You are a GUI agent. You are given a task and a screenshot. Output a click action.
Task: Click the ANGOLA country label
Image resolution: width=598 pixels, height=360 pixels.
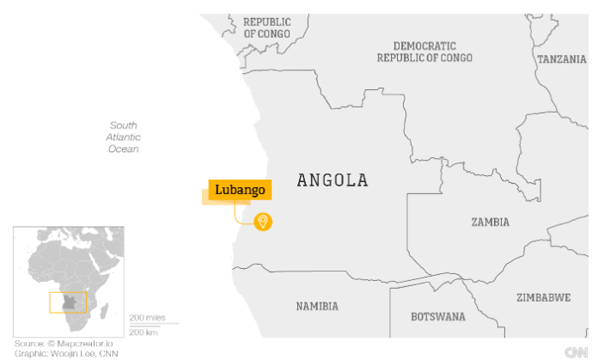tap(332, 180)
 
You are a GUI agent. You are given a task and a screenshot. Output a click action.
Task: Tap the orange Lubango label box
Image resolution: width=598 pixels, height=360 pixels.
tap(240, 190)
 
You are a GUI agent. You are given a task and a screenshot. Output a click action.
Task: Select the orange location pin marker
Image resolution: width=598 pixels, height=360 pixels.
tap(263, 222)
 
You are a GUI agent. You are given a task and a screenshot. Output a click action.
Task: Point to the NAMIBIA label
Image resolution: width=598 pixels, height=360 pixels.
tap(317, 306)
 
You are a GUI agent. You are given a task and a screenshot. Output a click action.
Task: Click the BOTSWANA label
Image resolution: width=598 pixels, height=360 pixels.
tap(437, 316)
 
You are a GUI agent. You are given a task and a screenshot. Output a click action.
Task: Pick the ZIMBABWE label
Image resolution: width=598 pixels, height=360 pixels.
tap(543, 297)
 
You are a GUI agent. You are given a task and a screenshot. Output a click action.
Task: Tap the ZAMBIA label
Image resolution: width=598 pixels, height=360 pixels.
tap(490, 222)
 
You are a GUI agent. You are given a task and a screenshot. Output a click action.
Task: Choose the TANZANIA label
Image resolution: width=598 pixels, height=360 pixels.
tap(562, 59)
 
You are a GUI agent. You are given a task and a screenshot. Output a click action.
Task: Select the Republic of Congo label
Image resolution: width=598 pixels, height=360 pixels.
tap(266, 27)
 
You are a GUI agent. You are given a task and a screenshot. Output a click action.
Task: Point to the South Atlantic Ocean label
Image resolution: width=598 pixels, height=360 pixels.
tap(124, 137)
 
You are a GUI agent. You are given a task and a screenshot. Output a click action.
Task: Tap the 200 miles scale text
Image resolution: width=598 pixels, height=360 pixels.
tap(146, 318)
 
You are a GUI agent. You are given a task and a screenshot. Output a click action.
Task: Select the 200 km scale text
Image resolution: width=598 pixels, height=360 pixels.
tap(143, 332)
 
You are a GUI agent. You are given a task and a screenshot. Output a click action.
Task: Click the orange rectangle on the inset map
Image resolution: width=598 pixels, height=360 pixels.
tap(68, 302)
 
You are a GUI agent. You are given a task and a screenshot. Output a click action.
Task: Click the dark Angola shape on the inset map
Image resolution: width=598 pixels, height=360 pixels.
tap(73, 303)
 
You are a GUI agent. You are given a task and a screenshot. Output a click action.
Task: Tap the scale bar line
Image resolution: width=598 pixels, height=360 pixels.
tap(153, 325)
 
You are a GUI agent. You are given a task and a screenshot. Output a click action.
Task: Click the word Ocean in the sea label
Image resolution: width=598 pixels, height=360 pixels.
tap(124, 149)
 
